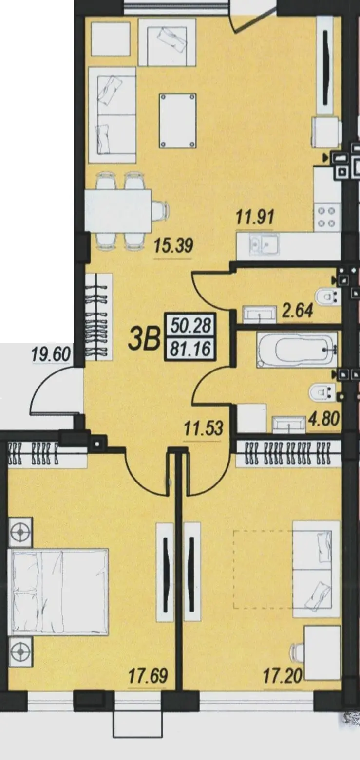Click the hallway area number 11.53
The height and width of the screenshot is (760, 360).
pyautogui.click(x=204, y=428)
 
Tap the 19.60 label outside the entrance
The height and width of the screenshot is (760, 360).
pyautogui.click(x=51, y=355)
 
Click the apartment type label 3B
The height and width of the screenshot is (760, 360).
pyautogui.click(x=144, y=341)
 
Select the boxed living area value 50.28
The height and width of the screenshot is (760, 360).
pyautogui.click(x=191, y=326)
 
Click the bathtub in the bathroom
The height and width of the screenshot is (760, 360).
pyautogui.click(x=297, y=350)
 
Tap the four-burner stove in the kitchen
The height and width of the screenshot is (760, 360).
pyautogui.click(x=326, y=217)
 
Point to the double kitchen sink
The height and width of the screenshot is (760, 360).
pyautogui.click(x=264, y=244)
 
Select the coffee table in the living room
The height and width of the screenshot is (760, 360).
pyautogui.click(x=178, y=121)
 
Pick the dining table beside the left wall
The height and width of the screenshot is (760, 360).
pyautogui.click(x=118, y=211)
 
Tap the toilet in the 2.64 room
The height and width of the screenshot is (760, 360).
pyautogui.click(x=327, y=297)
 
